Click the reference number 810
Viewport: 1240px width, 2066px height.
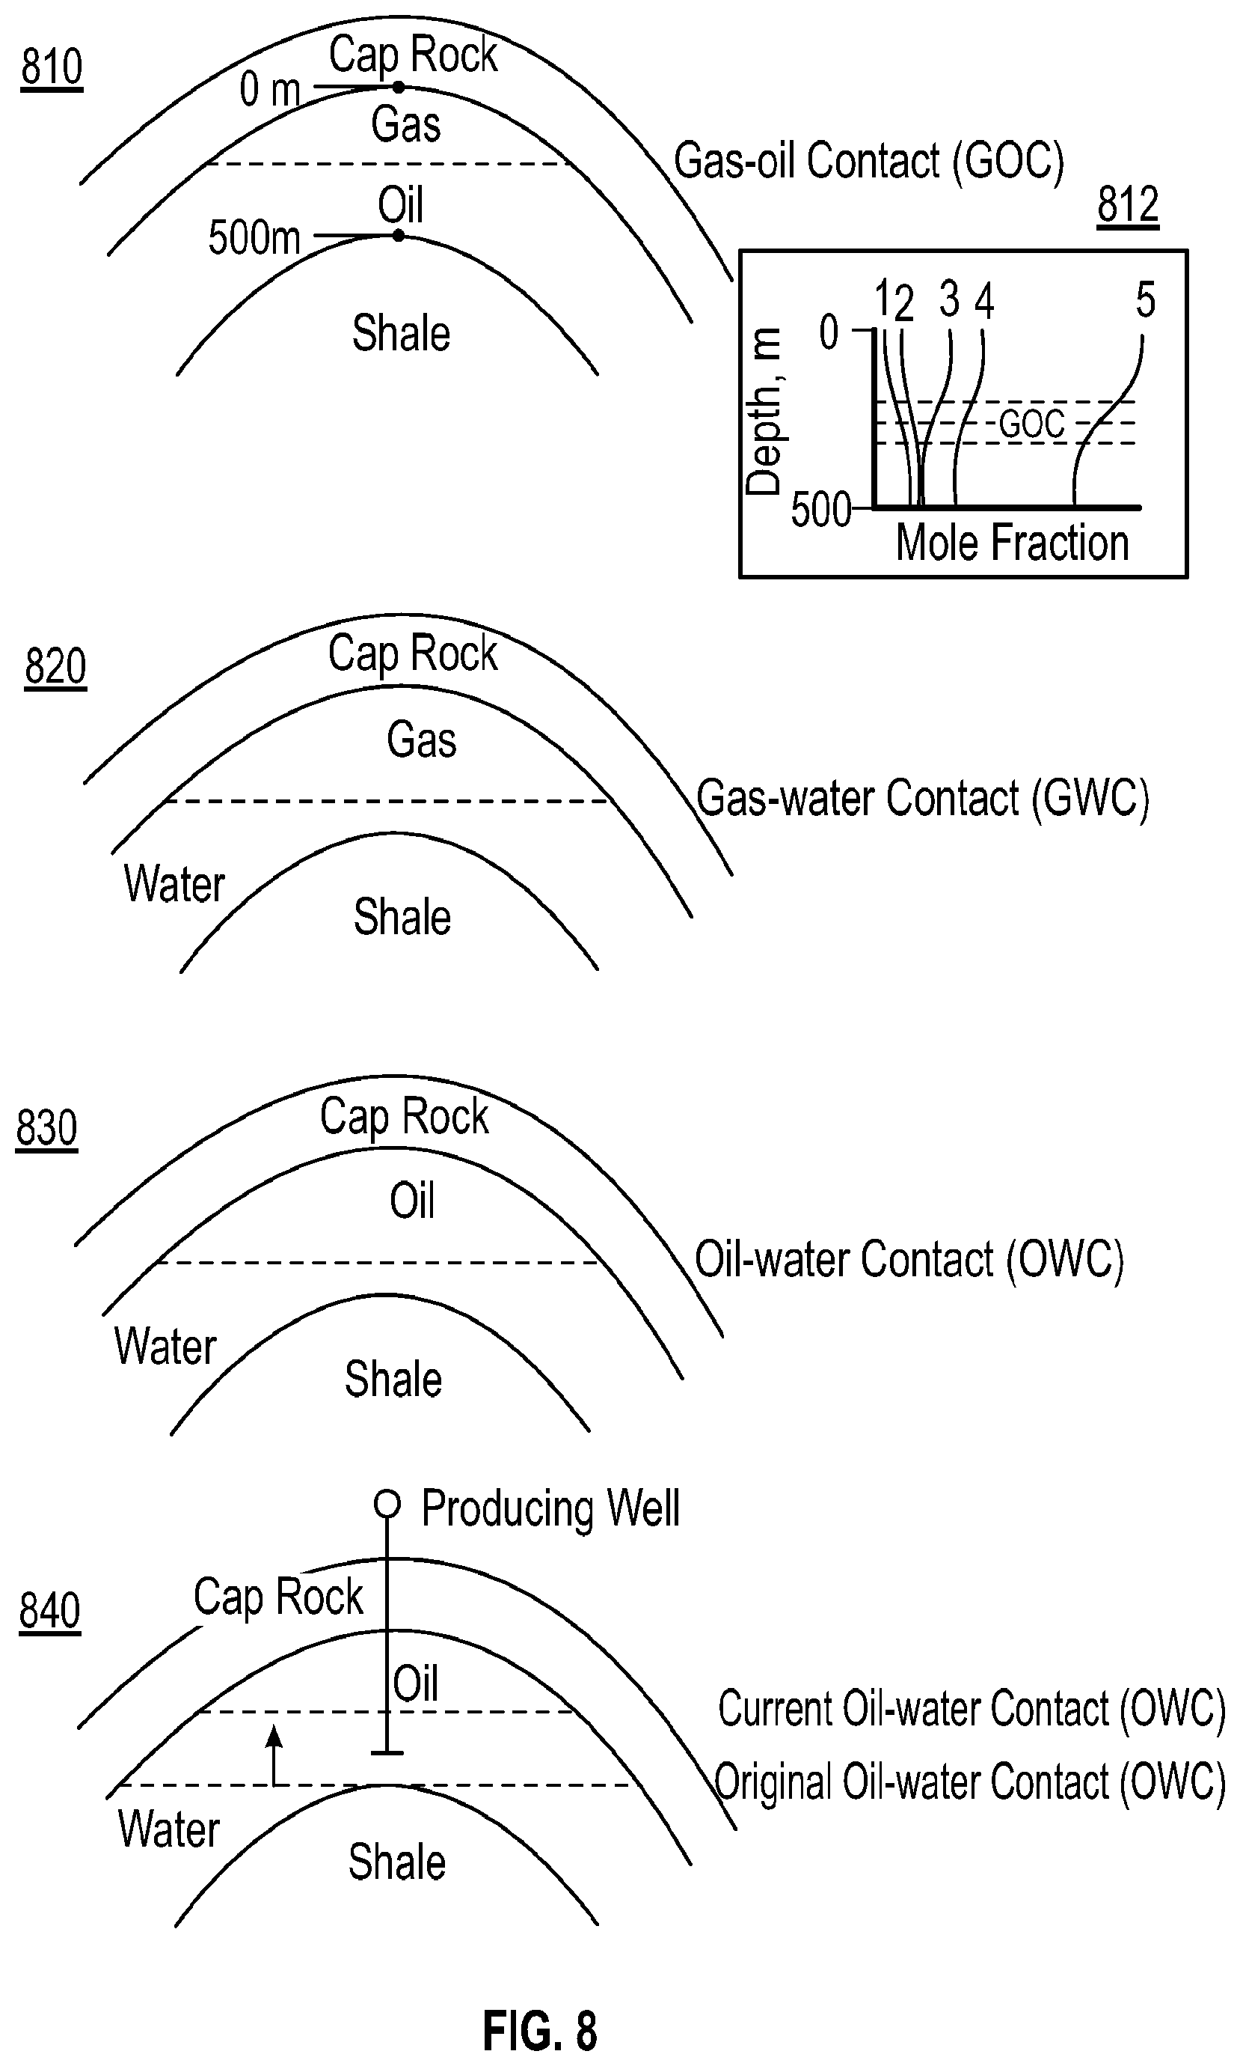point(52,67)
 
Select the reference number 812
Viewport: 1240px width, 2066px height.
point(1127,205)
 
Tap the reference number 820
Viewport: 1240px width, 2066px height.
point(55,667)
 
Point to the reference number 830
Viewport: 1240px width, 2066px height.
point(47,1128)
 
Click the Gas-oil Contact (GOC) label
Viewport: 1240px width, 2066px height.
point(868,162)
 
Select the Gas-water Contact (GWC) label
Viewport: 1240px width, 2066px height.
point(922,799)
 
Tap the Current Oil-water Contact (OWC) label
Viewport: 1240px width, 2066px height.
point(971,1708)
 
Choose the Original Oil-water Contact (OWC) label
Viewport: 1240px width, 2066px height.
point(969,1782)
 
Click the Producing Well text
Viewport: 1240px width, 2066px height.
point(550,1508)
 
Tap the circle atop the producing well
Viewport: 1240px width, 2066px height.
point(387,1504)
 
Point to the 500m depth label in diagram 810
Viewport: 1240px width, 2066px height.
point(254,238)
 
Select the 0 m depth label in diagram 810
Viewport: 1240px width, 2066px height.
point(269,90)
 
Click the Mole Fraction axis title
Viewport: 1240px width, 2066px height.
point(1012,543)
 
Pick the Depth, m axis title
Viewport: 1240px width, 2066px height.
point(764,412)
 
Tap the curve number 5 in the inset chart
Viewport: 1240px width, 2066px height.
point(1145,299)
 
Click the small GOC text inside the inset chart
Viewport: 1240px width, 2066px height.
point(1032,424)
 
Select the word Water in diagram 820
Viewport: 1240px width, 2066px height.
point(175,885)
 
